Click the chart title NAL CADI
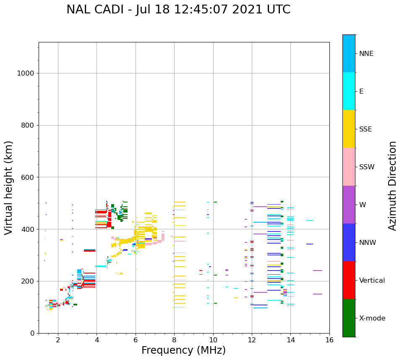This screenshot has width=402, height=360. click(x=178, y=10)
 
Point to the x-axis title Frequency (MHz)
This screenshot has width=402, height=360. click(x=183, y=350)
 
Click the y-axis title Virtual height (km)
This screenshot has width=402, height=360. click(x=9, y=187)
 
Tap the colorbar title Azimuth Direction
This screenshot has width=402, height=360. click(x=392, y=186)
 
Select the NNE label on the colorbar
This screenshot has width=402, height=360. click(x=366, y=53)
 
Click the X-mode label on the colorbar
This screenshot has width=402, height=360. click(x=372, y=318)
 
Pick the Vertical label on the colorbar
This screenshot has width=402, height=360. click(x=372, y=280)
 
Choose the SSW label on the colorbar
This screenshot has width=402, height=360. click(x=367, y=167)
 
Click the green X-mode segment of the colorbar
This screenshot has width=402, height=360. click(x=349, y=318)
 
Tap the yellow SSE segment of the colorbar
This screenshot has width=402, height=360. click(x=349, y=129)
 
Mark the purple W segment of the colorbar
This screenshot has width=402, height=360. click(x=349, y=205)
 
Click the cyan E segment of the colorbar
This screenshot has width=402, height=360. click(x=349, y=91)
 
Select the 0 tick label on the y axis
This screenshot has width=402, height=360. click(x=32, y=333)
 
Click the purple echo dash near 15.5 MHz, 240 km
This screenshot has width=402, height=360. click(x=317, y=271)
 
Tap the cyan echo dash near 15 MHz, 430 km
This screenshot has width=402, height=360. click(x=310, y=221)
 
